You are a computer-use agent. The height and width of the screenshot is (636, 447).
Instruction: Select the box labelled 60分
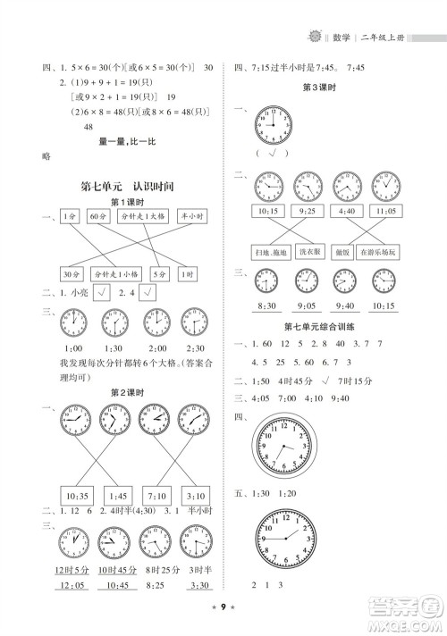pos(100,217)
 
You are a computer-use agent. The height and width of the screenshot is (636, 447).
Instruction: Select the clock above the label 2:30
pos(193,322)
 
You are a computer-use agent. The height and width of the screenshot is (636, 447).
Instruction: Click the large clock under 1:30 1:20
pos(286,537)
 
